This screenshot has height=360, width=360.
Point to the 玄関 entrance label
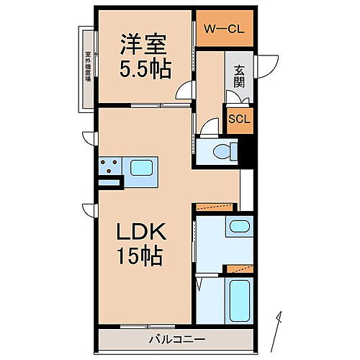pyautogui.click(x=239, y=76)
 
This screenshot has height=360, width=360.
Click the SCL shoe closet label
pyautogui.click(x=239, y=120)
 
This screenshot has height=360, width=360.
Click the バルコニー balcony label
pyautogui.click(x=176, y=338)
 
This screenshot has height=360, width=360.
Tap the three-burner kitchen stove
pyautogui.click(x=110, y=167)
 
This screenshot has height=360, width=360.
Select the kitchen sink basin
pyautogui.click(x=140, y=168)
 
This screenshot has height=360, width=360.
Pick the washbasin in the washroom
pyautogui.click(x=238, y=228)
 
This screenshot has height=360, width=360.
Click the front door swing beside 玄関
pyautogui.click(x=268, y=65)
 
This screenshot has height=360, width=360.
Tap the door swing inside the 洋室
pyautogui.click(x=186, y=91)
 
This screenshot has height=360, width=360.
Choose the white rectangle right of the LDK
pyautogui.click(x=247, y=190)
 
